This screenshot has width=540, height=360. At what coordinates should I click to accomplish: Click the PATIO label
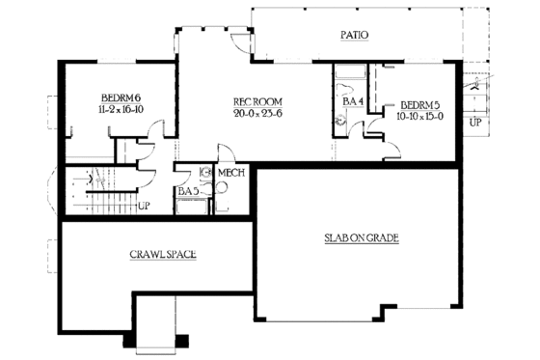tap(355, 36)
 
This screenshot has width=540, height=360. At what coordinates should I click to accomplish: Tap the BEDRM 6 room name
tap(121, 98)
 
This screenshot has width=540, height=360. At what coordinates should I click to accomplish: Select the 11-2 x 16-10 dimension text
tap(121, 111)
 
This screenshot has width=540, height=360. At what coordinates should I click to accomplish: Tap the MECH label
tap(229, 173)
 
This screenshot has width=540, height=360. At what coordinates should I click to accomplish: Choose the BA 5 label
tap(188, 191)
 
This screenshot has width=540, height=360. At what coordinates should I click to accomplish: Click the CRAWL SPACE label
tap(163, 255)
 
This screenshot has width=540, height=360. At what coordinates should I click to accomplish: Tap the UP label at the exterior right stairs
tap(474, 123)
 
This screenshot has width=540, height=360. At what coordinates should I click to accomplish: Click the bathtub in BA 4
tap(348, 74)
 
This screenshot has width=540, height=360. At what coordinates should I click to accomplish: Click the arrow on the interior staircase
tap(94, 179)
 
